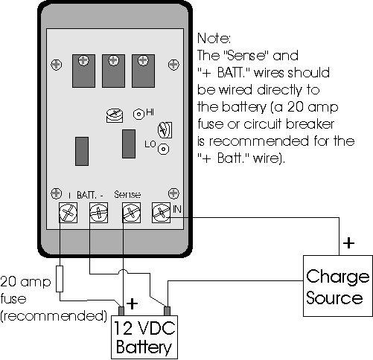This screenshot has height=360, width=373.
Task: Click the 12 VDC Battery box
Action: coord(144,337)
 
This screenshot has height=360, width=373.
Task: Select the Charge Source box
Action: coord(338,286)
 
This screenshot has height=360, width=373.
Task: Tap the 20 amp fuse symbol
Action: coord(60,279)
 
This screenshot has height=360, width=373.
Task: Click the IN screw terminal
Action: coord(161,213)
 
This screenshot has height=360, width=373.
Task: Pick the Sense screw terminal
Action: coord(131,213)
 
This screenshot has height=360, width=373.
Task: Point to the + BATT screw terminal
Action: coord(68,213)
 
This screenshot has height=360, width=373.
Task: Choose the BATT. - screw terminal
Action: coord(98,213)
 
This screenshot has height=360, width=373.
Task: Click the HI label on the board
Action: coord(150,112)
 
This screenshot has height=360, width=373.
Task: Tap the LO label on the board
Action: coord(150,144)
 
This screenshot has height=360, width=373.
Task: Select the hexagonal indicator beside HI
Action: coord(138,115)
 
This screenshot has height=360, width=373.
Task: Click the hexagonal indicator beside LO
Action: coord(163,149)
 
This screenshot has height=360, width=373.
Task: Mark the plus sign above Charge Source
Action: coord(348,242)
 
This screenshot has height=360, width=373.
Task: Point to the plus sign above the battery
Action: coord(132,303)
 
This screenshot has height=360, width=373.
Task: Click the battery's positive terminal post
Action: coord(121,311)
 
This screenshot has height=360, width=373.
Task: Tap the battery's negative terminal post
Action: coord(167,311)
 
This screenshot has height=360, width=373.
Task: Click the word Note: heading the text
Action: coord(214,39)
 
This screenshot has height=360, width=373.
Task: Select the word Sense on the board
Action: coord(127,195)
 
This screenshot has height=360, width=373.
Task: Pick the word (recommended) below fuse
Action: coord(54,316)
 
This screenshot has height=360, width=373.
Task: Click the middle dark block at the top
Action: coord(113,71)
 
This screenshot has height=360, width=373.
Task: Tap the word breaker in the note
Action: coord(310,124)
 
